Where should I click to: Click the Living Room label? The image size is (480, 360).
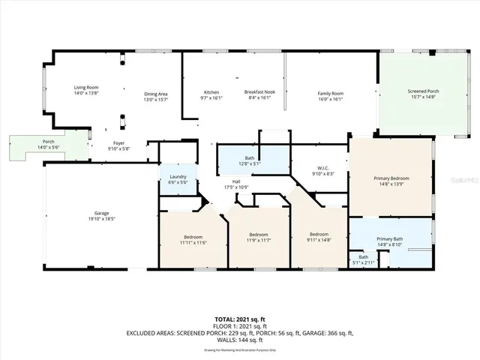(85, 88)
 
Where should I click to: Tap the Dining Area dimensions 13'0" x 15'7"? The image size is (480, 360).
(156, 99)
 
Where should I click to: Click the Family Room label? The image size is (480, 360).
(330, 92)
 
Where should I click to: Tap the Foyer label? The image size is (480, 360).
(119, 142)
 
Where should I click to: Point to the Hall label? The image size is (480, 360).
(236, 181)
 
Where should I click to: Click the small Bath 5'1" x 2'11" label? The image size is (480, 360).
(363, 257)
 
